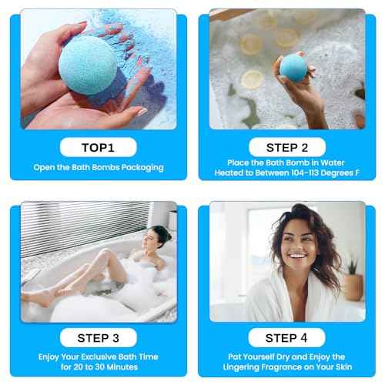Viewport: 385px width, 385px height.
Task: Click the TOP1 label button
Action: tap(99, 146)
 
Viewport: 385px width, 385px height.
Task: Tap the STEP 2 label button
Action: tap(286, 146)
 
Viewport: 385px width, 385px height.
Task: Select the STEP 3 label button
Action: tap(99, 337)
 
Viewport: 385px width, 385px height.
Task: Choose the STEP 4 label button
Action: tap(286, 337)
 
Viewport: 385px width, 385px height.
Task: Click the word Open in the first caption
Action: tap(42, 167)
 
